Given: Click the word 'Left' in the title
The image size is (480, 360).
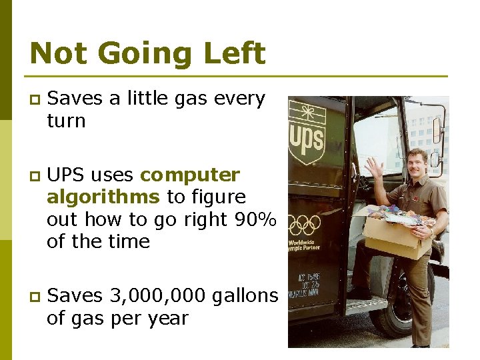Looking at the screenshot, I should (231, 53).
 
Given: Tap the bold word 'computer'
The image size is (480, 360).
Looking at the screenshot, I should (190, 175).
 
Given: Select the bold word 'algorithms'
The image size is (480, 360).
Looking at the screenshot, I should (103, 197).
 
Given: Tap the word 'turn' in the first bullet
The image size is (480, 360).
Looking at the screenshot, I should (66, 121).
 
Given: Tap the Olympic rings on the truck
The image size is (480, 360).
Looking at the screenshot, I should (304, 224).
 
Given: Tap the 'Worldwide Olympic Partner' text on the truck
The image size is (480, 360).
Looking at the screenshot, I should (304, 245).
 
